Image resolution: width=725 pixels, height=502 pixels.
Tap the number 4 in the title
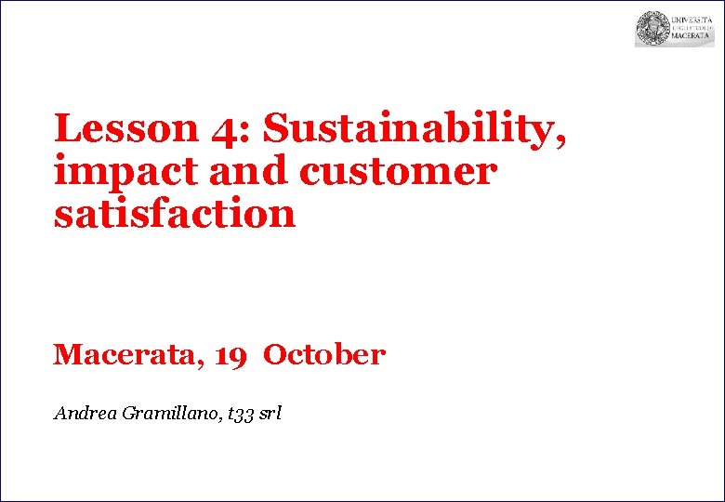click(224, 131)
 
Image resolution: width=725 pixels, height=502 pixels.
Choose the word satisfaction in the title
click(175, 214)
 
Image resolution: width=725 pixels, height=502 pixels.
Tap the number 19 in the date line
click(231, 355)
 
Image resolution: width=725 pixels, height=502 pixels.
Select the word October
click(324, 355)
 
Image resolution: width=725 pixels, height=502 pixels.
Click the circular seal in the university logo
click(652, 29)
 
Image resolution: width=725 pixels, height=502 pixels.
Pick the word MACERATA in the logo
click(692, 38)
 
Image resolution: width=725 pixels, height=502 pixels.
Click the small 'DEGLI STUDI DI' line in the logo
click(692, 28)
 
